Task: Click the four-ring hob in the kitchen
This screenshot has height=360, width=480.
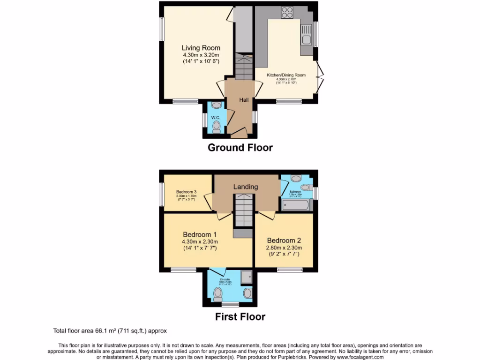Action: coord(287,13)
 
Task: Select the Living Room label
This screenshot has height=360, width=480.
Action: coord(201,48)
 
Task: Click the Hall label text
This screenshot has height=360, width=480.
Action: coord(244,100)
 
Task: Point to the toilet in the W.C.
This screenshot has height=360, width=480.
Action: coord(216,127)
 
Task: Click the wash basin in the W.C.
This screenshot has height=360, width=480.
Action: coord(216,105)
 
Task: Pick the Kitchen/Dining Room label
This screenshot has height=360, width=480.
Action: coord(286,75)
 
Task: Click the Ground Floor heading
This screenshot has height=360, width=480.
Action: coord(240,148)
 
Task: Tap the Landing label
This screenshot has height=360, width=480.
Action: coord(246,187)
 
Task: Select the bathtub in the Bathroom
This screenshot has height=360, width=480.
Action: coord(297,205)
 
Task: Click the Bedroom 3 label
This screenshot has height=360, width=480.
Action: coord(187,191)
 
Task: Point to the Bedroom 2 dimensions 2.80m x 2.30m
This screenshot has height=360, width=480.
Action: coord(284,248)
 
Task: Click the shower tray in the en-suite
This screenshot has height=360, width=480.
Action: coord(246,278)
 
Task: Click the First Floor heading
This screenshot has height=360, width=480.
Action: coord(240,317)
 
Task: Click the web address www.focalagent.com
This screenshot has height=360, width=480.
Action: coord(360,357)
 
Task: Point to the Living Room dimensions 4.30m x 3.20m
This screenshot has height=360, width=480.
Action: coord(201,55)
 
